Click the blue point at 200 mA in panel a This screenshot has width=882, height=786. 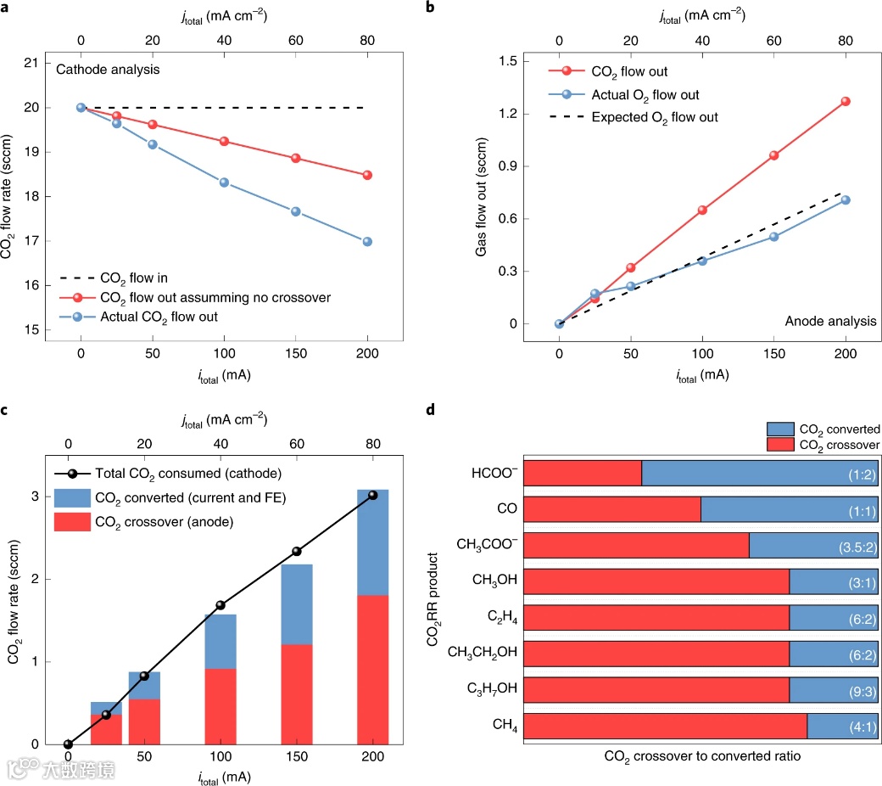(367, 241)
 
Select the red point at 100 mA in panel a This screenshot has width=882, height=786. (224, 141)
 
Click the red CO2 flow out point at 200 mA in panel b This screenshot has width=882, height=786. (846, 101)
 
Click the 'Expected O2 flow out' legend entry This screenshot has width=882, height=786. (654, 117)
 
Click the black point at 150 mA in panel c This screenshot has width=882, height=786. (296, 551)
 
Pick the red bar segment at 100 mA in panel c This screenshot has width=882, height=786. (220, 706)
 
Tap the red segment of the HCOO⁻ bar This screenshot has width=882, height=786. (583, 474)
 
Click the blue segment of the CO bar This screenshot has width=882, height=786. (789, 509)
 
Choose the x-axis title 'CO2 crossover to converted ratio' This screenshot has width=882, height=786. (702, 755)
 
